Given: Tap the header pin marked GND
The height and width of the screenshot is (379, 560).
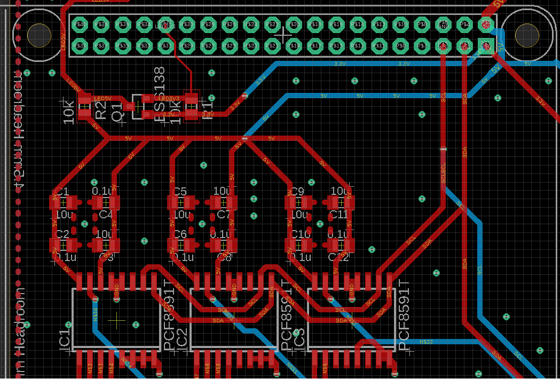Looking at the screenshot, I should click(443, 25).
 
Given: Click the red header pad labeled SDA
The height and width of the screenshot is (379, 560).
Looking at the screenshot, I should click(464, 46).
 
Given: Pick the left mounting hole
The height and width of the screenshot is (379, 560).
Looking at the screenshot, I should click(39, 35).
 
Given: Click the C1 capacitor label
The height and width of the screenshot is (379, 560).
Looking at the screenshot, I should click(62, 192).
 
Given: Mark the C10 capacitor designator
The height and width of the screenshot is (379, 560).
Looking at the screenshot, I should click(300, 234).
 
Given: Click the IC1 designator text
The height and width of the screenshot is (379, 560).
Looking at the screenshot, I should click(65, 340).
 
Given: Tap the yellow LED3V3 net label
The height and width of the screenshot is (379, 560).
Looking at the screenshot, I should click(170, 99).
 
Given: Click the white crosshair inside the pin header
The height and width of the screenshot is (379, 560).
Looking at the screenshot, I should click(282, 34).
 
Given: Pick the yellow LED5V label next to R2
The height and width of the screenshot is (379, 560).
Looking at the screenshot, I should click(102, 99).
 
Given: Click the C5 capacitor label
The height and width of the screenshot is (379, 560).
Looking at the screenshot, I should click(180, 192).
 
